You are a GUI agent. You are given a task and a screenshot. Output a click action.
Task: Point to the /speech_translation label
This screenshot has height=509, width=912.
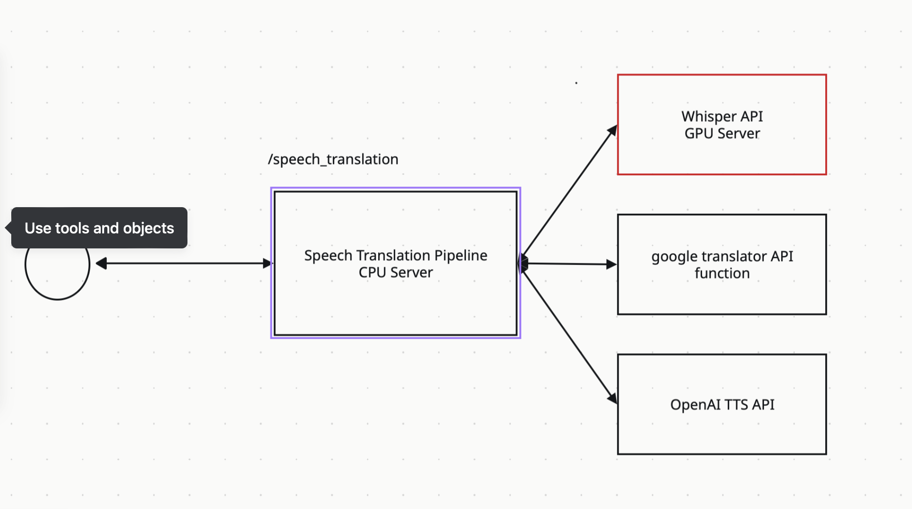(x=333, y=159)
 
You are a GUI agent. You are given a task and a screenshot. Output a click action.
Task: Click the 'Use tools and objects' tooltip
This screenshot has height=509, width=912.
(x=99, y=228)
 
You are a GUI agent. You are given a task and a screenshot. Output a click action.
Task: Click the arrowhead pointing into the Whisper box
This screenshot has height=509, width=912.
(x=613, y=130)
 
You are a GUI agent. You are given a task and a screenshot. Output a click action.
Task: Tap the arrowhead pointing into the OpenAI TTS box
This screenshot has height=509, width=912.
(x=612, y=398)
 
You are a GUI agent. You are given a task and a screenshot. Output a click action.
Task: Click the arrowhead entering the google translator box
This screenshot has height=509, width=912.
(x=611, y=264)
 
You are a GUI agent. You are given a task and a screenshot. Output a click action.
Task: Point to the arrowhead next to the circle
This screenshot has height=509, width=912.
(x=101, y=263)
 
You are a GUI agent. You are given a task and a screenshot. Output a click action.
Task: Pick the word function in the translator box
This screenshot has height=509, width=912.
(x=722, y=273)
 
